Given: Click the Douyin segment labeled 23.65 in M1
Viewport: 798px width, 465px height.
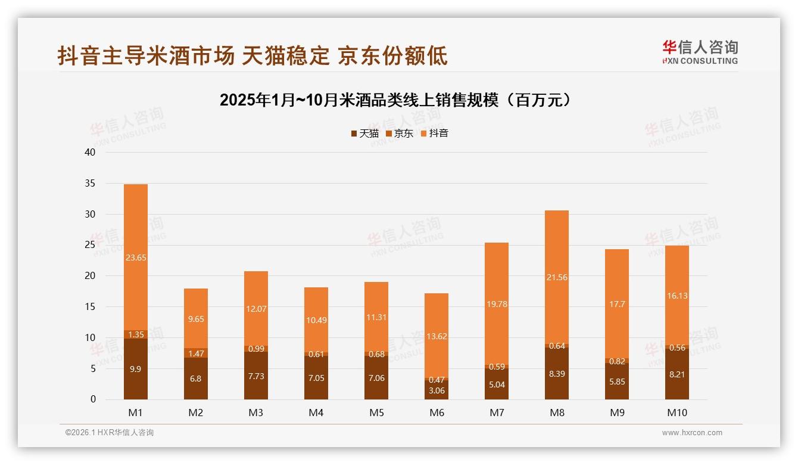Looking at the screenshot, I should click(x=136, y=258).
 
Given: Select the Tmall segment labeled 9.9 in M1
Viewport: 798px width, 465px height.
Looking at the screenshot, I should click(x=136, y=369).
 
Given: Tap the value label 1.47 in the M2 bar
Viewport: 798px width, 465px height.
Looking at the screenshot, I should click(x=196, y=354).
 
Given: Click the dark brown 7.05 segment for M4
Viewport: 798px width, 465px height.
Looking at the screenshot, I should click(x=316, y=378).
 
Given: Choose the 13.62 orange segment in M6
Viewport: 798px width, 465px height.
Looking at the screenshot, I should click(x=437, y=336).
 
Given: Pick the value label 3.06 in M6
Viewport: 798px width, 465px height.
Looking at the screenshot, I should click(x=437, y=390).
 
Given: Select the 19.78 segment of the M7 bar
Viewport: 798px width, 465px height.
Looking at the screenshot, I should click(x=497, y=304).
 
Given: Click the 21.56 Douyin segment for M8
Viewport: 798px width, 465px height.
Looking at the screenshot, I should click(x=557, y=277).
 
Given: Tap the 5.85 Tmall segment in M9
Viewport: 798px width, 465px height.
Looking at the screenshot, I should click(x=617, y=382).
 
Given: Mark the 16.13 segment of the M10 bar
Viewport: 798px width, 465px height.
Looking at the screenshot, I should click(x=677, y=295).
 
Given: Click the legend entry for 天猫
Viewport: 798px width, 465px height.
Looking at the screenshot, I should click(x=364, y=134).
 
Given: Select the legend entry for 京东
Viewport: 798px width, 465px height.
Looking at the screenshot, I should click(x=399, y=134).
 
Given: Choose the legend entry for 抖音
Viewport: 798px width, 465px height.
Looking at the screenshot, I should click(x=434, y=134).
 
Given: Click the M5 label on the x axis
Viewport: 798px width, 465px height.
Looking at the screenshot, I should click(x=376, y=413).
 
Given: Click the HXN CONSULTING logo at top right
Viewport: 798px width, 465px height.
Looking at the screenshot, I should click(x=700, y=52).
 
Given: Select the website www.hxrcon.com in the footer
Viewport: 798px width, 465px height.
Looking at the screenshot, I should click(x=692, y=433).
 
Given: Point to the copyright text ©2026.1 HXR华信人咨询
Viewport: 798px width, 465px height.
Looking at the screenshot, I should click(x=109, y=433).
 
